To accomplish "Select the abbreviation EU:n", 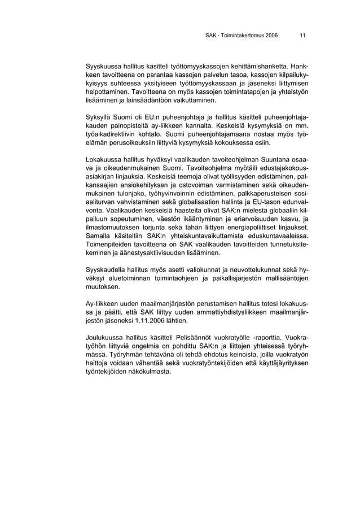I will [152, 118].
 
